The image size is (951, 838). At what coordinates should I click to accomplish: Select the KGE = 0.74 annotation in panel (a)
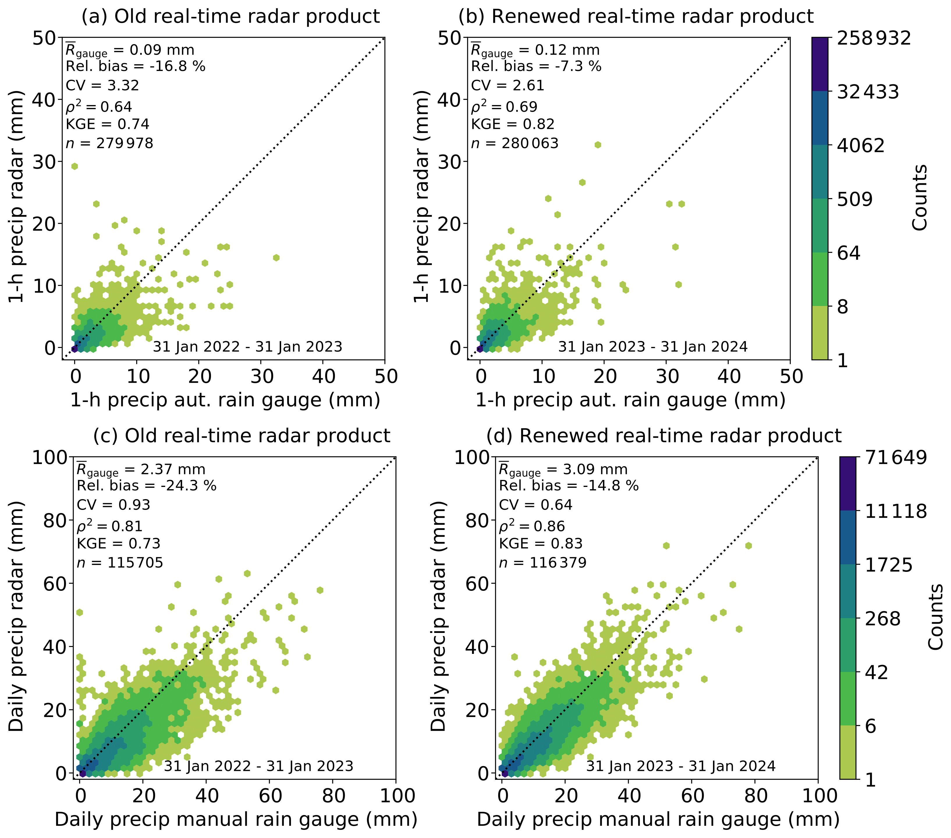pyautogui.click(x=107, y=124)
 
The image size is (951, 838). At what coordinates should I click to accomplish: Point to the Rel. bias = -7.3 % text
pyautogui.click(x=536, y=67)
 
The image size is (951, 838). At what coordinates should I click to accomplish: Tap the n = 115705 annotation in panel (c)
pyautogui.click(x=120, y=563)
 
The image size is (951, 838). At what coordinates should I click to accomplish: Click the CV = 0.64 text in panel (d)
pyautogui.click(x=535, y=505)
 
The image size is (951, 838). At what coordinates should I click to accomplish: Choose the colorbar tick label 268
pyautogui.click(x=883, y=619)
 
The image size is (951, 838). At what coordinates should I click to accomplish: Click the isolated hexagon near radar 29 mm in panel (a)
pyautogui.click(x=74, y=166)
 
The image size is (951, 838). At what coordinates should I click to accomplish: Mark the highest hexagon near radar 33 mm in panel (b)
pyautogui.click(x=598, y=145)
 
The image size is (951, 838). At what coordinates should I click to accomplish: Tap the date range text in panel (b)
pyautogui.click(x=653, y=347)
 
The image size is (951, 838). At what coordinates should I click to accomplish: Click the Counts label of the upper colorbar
pyautogui.click(x=919, y=198)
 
